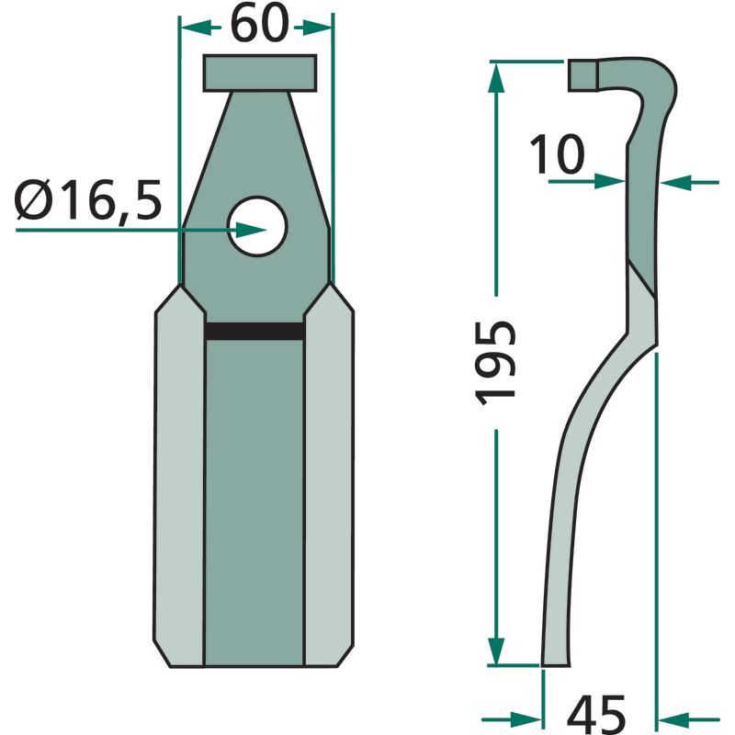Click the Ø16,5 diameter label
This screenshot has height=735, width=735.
(89, 200)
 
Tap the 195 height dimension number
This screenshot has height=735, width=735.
(496, 363)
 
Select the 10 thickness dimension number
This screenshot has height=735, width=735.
(558, 153)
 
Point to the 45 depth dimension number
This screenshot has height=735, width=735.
(596, 716)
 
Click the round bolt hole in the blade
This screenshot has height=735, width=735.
(257, 226)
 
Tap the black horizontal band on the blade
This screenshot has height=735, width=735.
(254, 331)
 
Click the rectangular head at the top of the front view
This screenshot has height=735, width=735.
(260, 73)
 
